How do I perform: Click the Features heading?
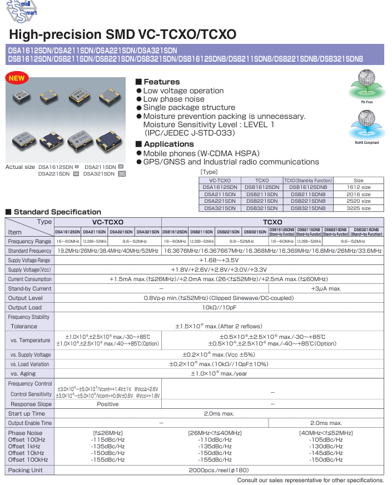click(x=161, y=82)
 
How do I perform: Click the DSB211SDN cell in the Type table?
click(x=261, y=194)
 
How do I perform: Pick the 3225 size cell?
click(x=359, y=208)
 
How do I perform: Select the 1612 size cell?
click(x=359, y=188)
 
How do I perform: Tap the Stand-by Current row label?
click(x=29, y=289)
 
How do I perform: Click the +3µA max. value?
click(x=326, y=289)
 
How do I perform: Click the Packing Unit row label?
click(x=26, y=470)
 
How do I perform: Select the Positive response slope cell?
click(x=107, y=404)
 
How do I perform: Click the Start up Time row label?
click(x=27, y=413)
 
